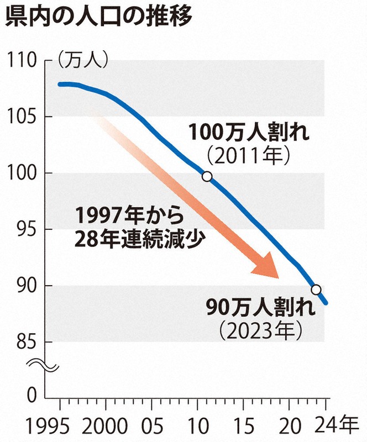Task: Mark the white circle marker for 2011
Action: [x=207, y=177]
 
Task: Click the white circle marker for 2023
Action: [x=316, y=290]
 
